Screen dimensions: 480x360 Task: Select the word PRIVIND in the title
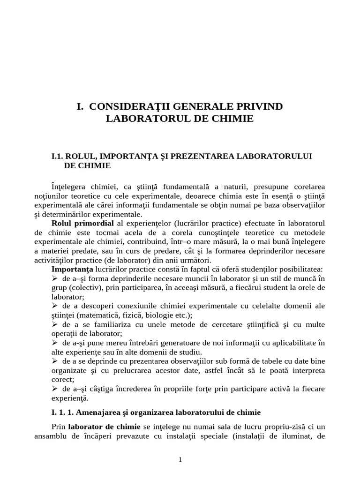click(259, 106)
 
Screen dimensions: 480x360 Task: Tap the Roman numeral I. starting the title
click(80, 106)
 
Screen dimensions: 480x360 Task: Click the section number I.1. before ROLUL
click(58, 156)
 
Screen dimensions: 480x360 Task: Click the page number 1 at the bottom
click(180, 460)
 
